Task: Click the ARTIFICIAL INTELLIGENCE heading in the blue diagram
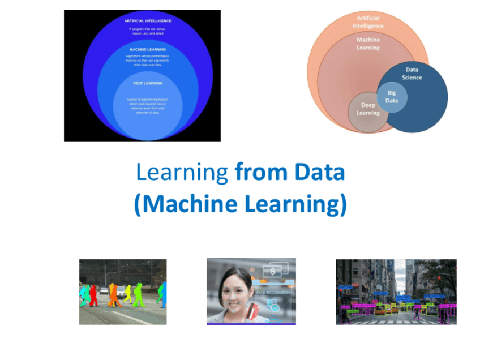(148, 21)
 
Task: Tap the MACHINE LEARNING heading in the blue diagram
(148, 49)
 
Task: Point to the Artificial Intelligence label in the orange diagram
(367, 22)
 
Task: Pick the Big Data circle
(392, 97)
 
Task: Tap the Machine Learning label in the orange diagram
(368, 44)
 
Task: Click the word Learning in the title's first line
(182, 172)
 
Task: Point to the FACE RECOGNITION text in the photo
(273, 292)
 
